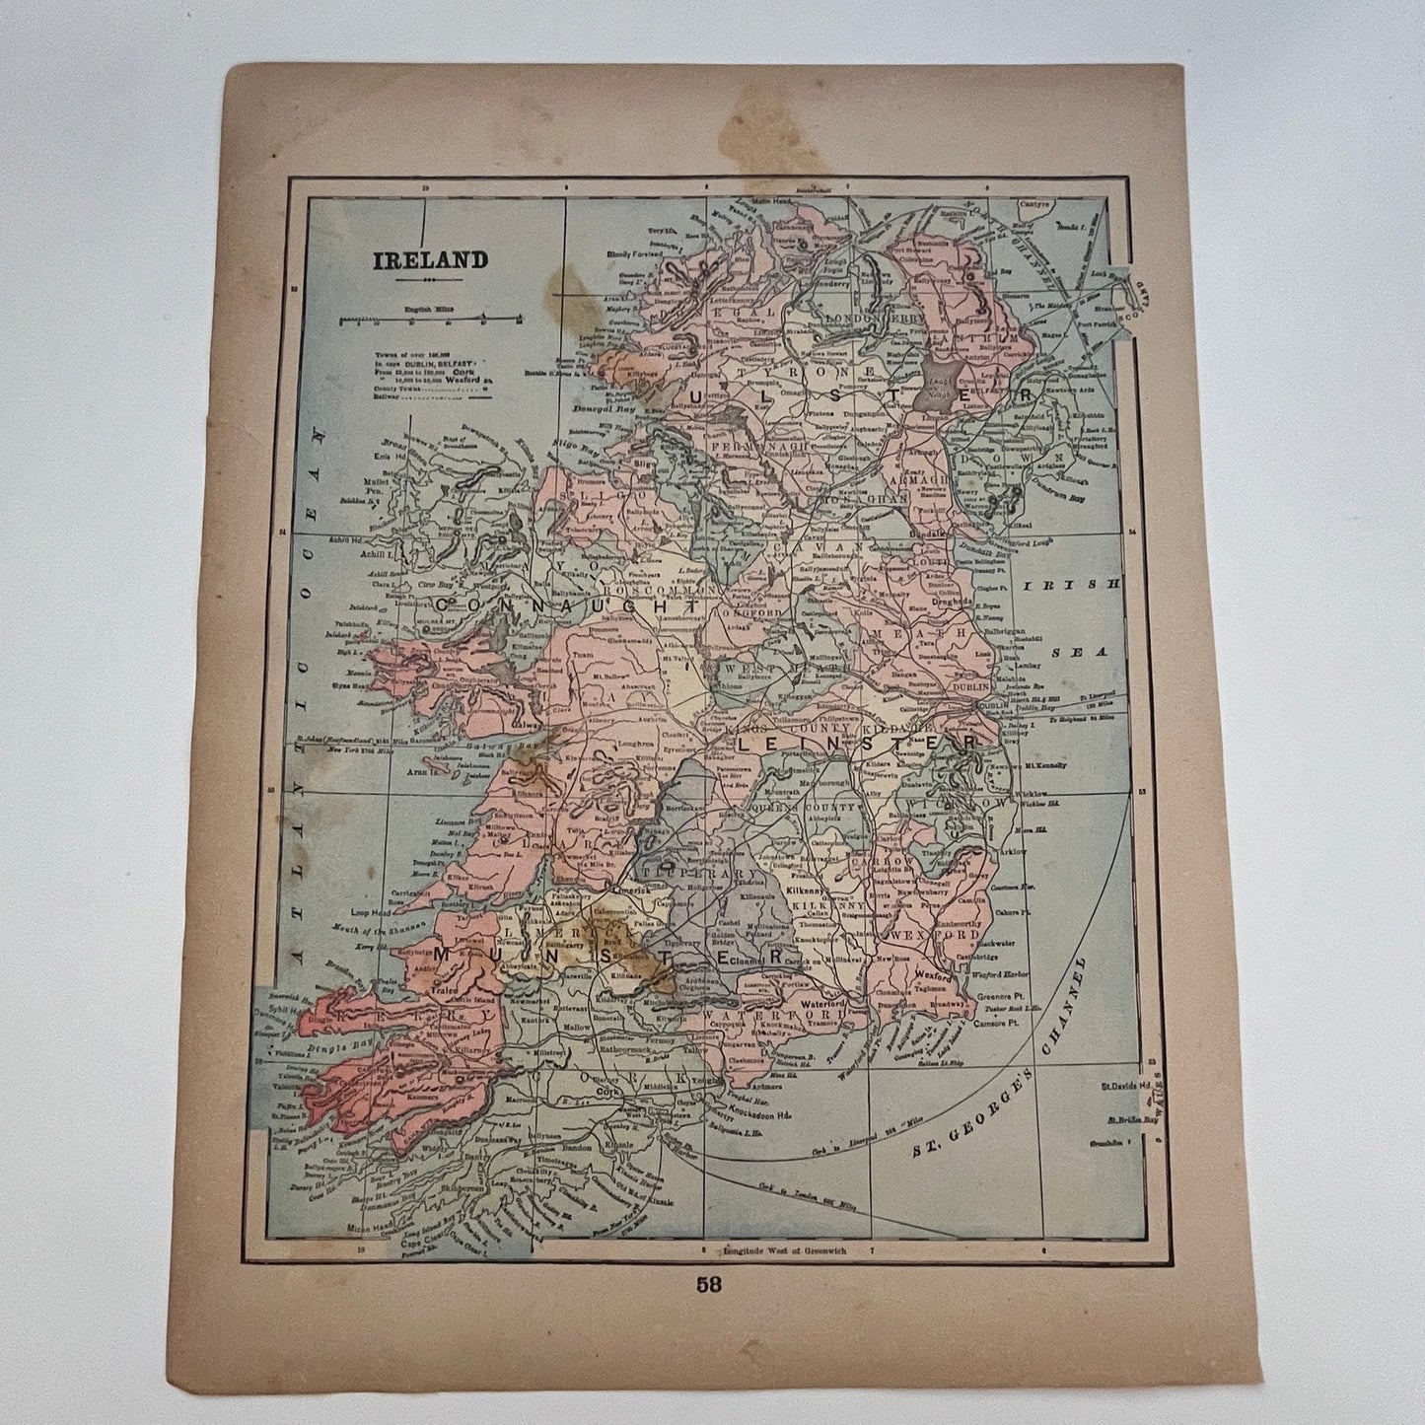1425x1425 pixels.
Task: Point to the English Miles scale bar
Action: [428, 320]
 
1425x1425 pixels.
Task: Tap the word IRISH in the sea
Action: [1073, 584]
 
